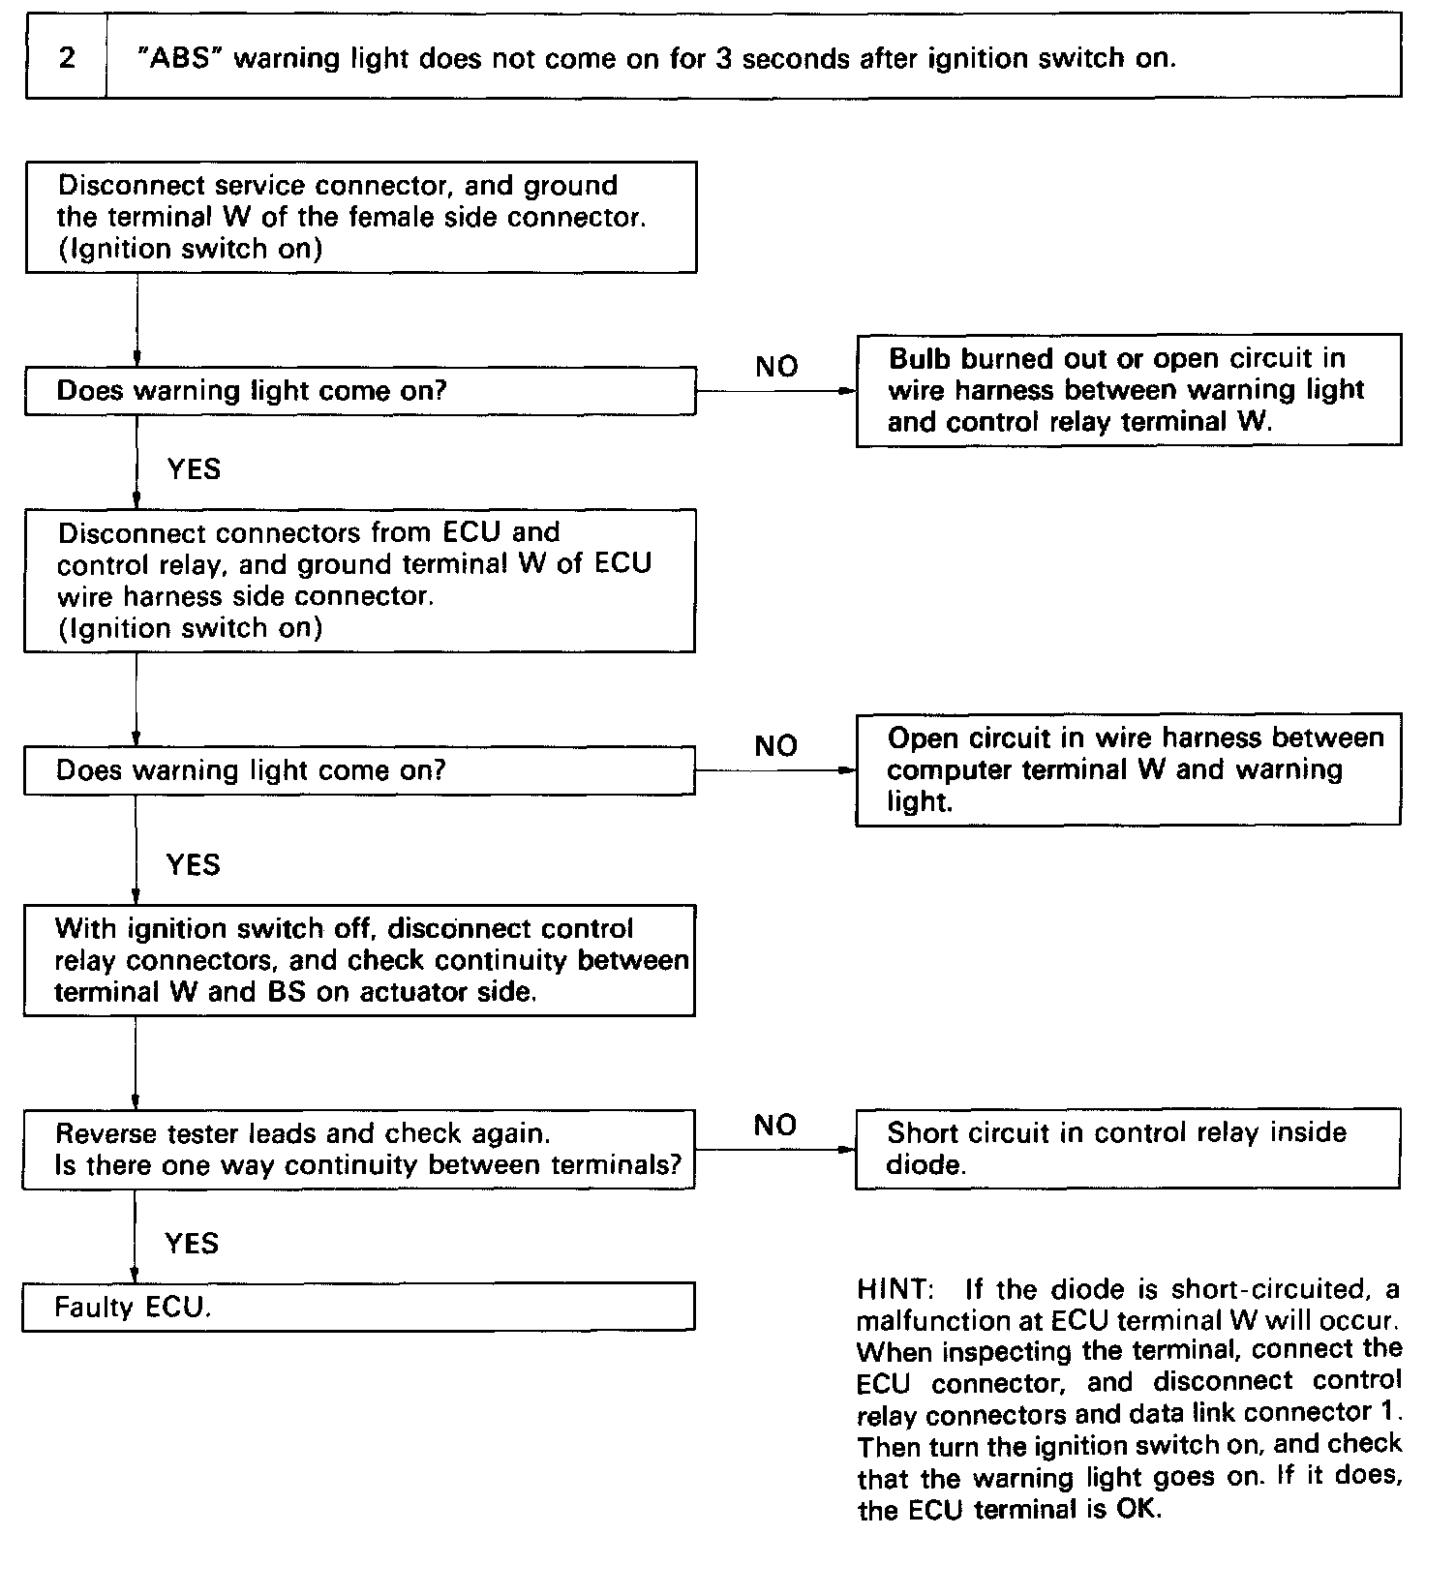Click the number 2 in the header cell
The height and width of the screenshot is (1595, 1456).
[66, 58]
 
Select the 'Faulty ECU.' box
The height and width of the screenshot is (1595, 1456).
[358, 1307]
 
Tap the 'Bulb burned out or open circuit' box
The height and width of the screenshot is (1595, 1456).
[1129, 390]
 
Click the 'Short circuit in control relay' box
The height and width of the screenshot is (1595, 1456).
[1128, 1149]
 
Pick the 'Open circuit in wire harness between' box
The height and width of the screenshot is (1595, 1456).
[1128, 769]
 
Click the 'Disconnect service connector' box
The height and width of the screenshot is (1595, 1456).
[360, 217]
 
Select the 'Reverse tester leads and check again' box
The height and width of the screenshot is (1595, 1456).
[359, 1149]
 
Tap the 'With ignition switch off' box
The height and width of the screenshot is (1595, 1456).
[359, 960]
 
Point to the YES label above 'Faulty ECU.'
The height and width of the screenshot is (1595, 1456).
[192, 1243]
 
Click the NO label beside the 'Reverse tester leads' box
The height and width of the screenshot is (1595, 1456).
[774, 1125]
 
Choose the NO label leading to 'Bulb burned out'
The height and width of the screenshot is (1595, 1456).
[776, 366]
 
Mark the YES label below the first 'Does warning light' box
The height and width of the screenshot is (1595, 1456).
[194, 469]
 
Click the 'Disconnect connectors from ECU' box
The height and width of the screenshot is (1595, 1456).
[359, 581]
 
